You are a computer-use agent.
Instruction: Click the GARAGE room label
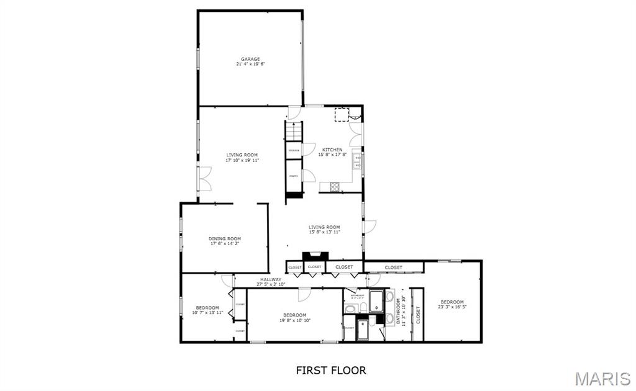click(x=250, y=59)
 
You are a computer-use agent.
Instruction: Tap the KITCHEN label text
click(x=332, y=150)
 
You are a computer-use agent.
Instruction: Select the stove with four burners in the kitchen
click(x=335, y=186)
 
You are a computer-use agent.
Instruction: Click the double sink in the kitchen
click(x=358, y=161)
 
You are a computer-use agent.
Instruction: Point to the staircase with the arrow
click(x=294, y=131)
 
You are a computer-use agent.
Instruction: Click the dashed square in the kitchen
click(x=342, y=114)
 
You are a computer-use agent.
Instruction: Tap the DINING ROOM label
click(x=224, y=238)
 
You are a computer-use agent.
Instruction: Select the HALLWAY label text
click(x=271, y=279)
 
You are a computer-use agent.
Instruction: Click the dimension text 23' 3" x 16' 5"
click(x=452, y=307)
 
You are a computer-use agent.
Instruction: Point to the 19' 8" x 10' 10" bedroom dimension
click(x=294, y=320)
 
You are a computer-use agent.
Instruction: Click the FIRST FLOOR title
click(x=330, y=371)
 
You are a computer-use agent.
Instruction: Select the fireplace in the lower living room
click(x=315, y=256)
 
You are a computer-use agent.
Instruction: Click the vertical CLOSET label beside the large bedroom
click(x=418, y=315)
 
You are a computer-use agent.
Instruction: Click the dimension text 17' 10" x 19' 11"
click(x=242, y=160)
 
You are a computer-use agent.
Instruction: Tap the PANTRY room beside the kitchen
click(x=294, y=176)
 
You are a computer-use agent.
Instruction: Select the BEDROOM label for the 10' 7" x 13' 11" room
click(x=207, y=308)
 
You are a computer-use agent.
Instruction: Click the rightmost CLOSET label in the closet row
click(x=393, y=267)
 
